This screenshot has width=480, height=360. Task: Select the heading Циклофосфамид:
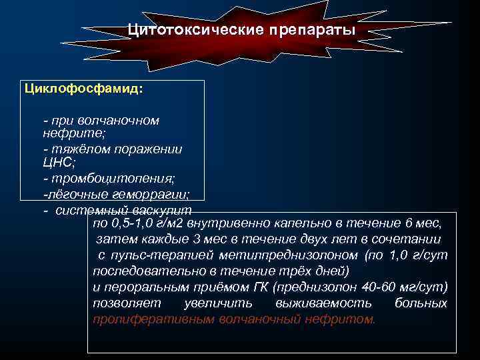pos(83,88)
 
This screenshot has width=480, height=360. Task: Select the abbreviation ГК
pos(261,287)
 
